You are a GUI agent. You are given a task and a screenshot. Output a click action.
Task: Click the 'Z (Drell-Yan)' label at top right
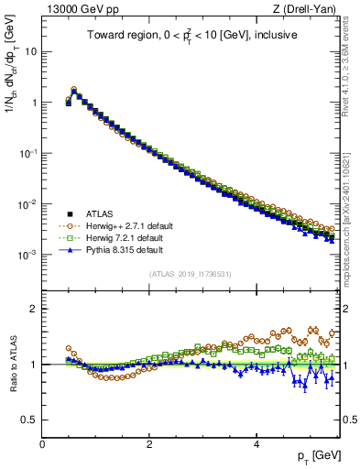tap(307, 10)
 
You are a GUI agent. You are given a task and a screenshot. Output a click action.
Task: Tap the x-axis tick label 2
tap(149, 443)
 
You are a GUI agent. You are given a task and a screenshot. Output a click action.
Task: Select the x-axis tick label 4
tap(256, 443)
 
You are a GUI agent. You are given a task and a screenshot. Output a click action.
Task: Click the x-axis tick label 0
tap(42, 443)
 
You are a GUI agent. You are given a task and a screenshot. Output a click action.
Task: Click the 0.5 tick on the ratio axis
tap(29, 420)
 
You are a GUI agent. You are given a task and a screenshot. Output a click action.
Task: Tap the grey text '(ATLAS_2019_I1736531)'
tap(191, 274)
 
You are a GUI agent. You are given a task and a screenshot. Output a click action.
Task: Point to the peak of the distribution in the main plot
tap(74, 91)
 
